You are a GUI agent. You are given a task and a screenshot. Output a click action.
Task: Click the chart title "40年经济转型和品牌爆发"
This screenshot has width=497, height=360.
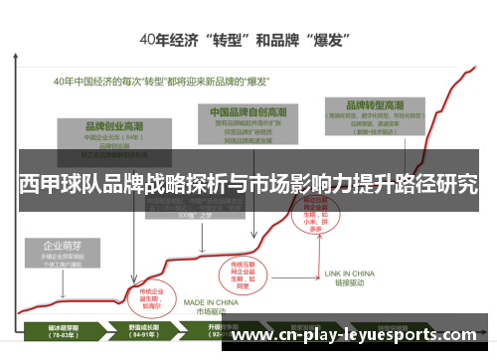pos(248,42)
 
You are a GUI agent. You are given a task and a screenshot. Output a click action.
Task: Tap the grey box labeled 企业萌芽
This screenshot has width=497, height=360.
pos(63,255)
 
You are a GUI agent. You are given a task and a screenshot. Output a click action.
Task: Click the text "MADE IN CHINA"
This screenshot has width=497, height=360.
pos(208,302)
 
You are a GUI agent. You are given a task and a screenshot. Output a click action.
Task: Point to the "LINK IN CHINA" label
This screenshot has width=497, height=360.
pos(350,271)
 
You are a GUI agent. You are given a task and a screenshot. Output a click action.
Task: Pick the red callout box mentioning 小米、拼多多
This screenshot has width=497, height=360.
pos(315,216)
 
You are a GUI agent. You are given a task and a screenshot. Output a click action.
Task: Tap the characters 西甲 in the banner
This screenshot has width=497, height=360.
pos(38,185)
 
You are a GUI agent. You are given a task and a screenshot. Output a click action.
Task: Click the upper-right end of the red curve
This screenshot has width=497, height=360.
pos(474,68)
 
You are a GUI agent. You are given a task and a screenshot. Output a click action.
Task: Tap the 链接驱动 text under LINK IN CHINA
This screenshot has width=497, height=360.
pos(350,281)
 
